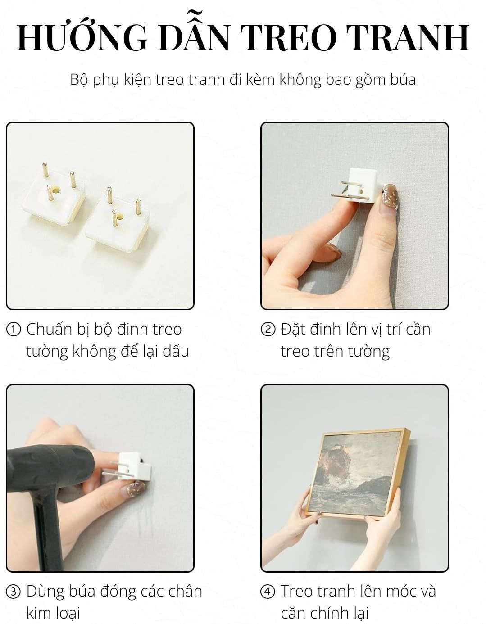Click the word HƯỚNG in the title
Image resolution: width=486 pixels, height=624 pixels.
pyautogui.click(x=82, y=37)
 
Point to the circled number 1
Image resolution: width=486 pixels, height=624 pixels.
pyautogui.click(x=14, y=330)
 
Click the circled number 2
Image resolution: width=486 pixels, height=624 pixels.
pyautogui.click(x=268, y=330)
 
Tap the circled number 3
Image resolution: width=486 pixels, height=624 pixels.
pyautogui.click(x=14, y=592)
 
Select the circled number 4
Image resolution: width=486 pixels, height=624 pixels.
pyautogui.click(x=268, y=592)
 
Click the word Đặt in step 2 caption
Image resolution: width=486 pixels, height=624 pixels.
pyautogui.click(x=291, y=329)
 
